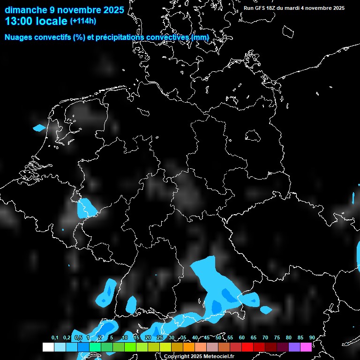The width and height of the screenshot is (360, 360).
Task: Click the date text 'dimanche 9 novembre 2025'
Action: coord(64,10)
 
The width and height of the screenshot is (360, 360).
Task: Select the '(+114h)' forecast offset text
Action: coord(83,21)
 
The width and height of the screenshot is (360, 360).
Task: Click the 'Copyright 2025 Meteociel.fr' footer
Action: coord(198,356)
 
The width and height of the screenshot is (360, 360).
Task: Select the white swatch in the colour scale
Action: coord(48,347)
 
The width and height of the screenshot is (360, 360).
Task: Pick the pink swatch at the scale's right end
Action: coord(306,347)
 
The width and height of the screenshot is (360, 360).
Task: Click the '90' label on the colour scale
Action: coord(312,337)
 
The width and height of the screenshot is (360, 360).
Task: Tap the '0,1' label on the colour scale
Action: coord(54,337)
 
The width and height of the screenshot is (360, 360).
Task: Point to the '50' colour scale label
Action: coord(218,337)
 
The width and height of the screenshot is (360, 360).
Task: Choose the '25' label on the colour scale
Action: coord(160,337)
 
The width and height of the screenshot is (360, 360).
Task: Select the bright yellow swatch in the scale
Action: coord(165,347)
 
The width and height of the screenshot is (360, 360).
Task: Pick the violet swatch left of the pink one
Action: coord(294,347)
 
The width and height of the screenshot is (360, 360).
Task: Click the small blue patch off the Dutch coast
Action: coord(39,127)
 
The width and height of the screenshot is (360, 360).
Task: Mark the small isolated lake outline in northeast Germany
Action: coord(253,135)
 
